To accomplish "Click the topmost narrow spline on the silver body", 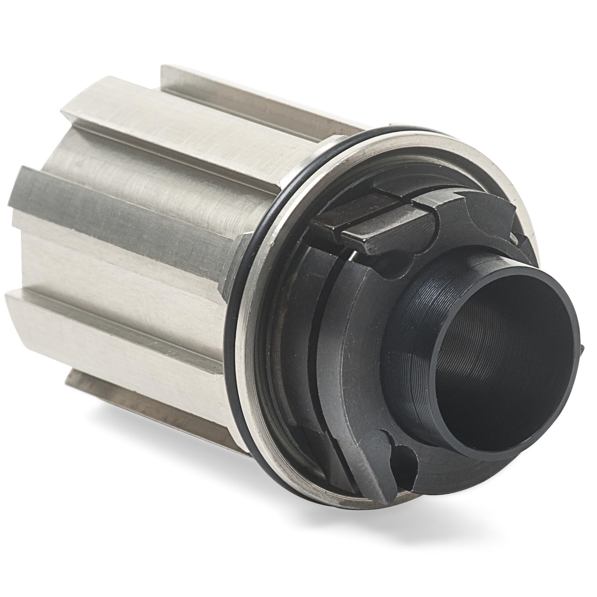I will point(245,99).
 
